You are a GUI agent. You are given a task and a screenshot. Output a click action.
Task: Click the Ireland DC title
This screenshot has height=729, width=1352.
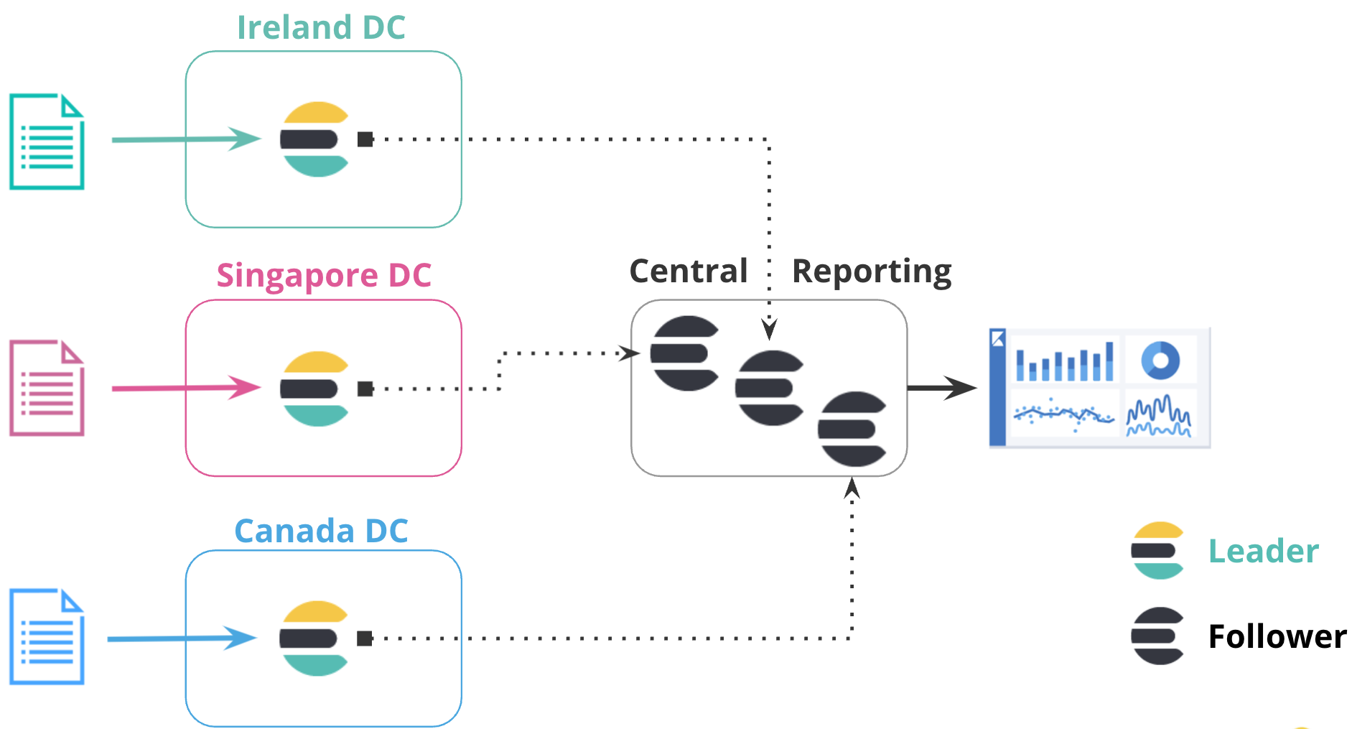[321, 27]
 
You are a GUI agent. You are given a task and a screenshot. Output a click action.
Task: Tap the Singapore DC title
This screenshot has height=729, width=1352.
[324, 275]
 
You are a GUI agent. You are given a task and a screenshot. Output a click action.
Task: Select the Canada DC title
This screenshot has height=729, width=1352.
[321, 531]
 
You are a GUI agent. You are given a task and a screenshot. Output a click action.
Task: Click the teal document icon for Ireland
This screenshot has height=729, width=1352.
[47, 141]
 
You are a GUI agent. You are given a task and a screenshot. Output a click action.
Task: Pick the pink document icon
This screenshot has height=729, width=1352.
[47, 388]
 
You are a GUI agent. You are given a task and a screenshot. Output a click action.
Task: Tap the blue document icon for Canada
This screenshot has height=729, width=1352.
[47, 636]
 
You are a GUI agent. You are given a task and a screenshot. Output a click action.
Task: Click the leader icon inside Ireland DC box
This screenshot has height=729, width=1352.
[315, 139]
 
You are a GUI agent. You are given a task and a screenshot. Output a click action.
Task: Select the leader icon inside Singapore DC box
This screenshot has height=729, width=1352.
[315, 389]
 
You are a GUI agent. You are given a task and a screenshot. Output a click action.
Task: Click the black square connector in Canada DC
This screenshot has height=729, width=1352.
[365, 638]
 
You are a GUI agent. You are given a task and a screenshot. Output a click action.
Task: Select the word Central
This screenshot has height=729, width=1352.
[688, 271]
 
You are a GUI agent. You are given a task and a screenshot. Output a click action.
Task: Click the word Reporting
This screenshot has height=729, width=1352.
[871, 271]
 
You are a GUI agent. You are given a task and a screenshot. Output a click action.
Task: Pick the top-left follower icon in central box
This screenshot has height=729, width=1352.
[684, 353]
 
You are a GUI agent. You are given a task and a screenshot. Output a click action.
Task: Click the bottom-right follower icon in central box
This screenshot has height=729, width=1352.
[852, 429]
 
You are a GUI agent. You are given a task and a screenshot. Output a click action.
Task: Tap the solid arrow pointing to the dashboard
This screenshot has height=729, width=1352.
[941, 388]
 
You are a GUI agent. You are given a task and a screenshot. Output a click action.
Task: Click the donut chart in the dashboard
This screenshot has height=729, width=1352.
[1160, 360]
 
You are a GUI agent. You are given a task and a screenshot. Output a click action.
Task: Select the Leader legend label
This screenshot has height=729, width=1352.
[1263, 551]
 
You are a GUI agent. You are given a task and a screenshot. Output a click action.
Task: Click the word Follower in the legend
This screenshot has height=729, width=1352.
[1277, 636]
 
